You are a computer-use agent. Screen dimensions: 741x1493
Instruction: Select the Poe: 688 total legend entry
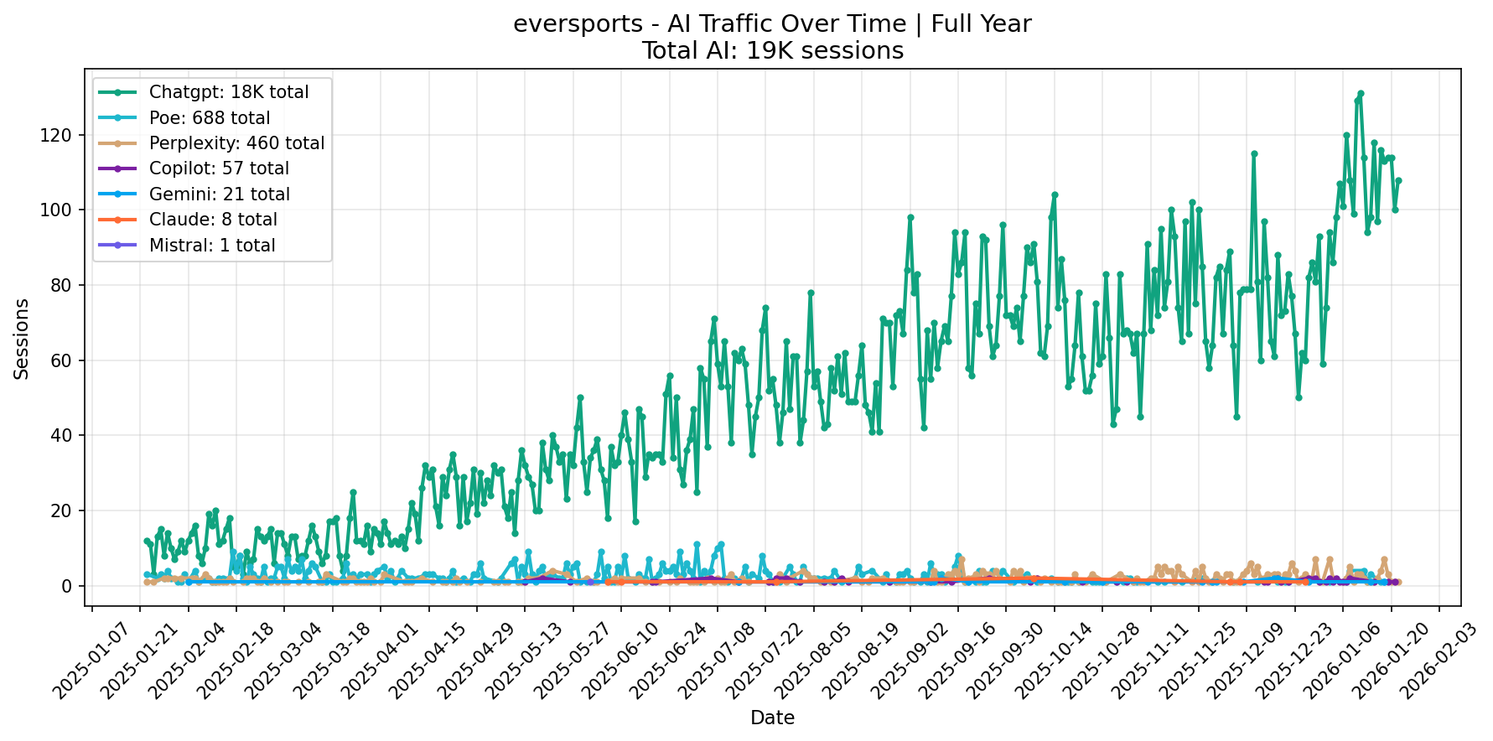(209, 118)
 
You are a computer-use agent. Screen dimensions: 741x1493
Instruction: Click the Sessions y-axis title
(22, 339)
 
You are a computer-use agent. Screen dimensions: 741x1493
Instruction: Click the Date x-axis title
(772, 718)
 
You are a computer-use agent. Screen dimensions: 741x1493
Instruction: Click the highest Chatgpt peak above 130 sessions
(1361, 93)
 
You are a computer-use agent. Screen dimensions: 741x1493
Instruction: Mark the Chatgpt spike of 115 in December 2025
(1254, 153)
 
